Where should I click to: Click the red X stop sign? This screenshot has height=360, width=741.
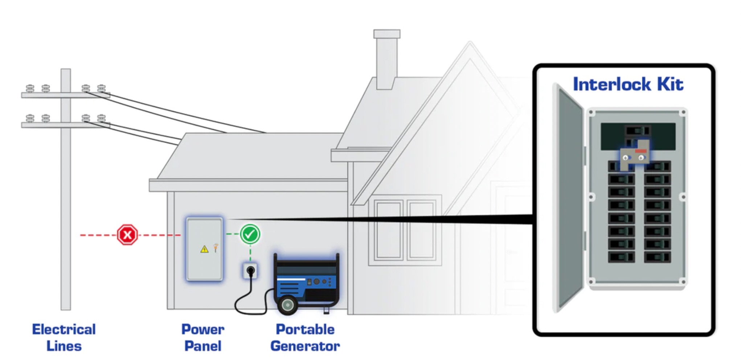(127, 235)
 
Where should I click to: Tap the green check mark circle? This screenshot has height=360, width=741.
(250, 234)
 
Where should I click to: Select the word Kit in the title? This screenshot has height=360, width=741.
(670, 85)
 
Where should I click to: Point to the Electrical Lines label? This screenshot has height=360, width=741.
(64, 337)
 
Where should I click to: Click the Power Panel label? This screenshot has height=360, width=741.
(203, 337)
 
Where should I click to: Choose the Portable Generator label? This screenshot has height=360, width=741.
(305, 337)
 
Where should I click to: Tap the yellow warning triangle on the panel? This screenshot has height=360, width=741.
(204, 249)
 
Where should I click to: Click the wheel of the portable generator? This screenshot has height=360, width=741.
(288, 305)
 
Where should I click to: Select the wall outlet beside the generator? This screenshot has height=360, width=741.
(250, 270)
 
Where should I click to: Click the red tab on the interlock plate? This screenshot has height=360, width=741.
(641, 151)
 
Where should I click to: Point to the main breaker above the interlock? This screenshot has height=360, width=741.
(638, 130)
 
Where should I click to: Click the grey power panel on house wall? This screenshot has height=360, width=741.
(204, 249)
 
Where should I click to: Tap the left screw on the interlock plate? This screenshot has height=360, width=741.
(625, 158)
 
